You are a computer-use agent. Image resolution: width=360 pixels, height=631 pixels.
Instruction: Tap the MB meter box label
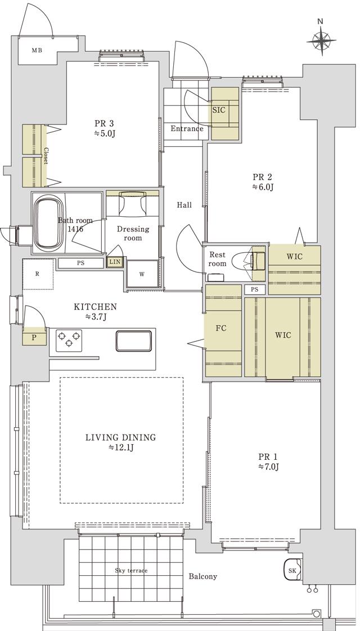click(x=37, y=51)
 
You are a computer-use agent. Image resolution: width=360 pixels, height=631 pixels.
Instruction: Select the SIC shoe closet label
click(x=219, y=110)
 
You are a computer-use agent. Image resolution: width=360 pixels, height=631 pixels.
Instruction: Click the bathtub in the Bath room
click(x=49, y=223)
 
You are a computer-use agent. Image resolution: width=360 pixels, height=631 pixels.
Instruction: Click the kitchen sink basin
click(x=134, y=341)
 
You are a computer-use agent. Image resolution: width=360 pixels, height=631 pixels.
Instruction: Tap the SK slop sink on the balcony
click(x=293, y=570)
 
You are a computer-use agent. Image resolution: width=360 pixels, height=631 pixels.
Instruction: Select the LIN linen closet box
click(x=115, y=262)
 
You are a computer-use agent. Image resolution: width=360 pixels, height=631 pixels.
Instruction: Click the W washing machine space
click(x=142, y=274)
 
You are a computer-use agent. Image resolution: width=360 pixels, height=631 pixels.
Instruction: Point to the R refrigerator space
click(x=38, y=274)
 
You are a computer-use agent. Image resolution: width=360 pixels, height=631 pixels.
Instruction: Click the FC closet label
click(x=221, y=328)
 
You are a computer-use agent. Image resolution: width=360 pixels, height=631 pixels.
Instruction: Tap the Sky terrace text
click(x=131, y=570)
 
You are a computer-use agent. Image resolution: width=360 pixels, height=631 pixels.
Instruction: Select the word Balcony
click(x=202, y=576)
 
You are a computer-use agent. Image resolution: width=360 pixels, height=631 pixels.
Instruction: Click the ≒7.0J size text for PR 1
click(x=269, y=467)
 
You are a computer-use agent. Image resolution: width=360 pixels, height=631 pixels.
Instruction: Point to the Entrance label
click(x=187, y=129)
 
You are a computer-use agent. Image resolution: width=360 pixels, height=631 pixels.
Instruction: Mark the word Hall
click(x=184, y=205)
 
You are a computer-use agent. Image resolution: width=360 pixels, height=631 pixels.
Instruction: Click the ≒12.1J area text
click(x=120, y=447)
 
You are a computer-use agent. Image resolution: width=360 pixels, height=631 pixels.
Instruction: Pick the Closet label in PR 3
click(x=46, y=156)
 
